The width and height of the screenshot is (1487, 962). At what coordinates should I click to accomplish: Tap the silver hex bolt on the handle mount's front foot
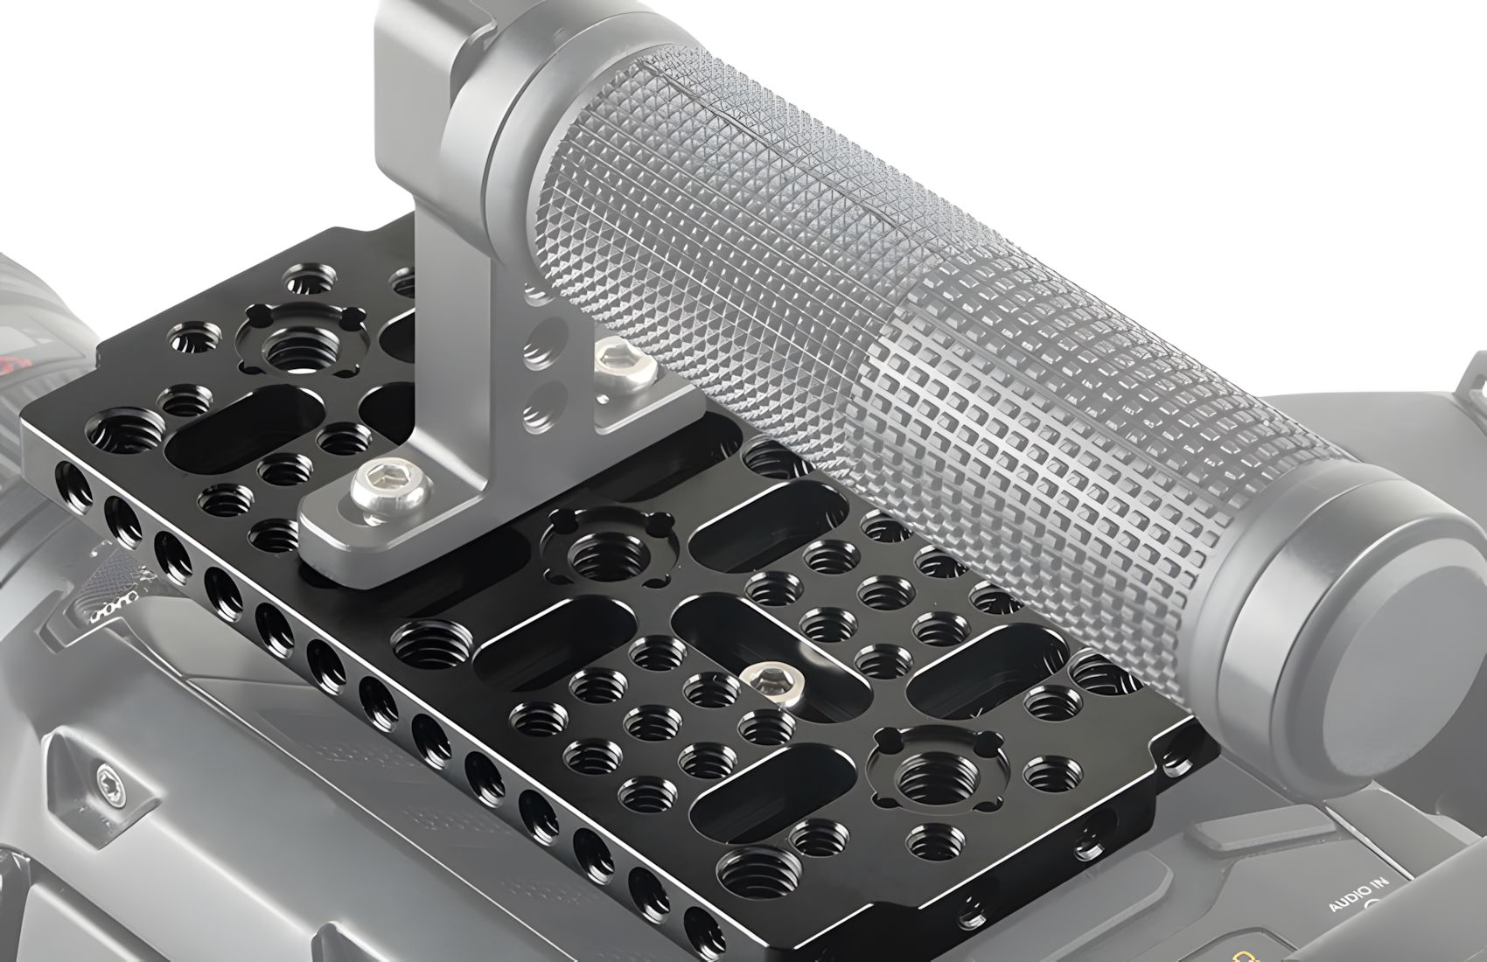pyautogui.click(x=385, y=485)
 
